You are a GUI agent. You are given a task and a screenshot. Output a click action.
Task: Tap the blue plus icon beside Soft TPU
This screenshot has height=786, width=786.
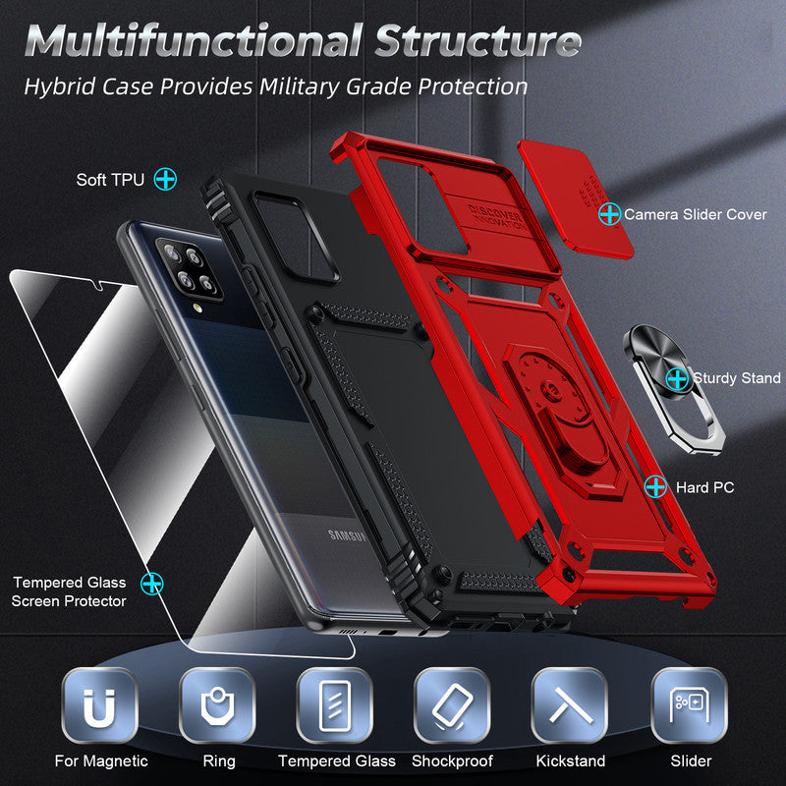pyautogui.click(x=166, y=180)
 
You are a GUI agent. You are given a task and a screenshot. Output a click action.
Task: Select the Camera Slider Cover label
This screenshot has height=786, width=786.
pyautogui.click(x=696, y=213)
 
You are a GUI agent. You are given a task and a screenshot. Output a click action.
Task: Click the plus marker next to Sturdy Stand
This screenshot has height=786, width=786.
pyautogui.click(x=676, y=377)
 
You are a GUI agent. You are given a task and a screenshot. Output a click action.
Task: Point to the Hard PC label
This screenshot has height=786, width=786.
pyautogui.click(x=704, y=486)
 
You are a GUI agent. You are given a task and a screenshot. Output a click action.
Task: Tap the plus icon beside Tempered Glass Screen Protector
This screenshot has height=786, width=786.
pyautogui.click(x=152, y=584)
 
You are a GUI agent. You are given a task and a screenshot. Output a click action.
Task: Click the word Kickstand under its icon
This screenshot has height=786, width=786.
pyautogui.click(x=571, y=760)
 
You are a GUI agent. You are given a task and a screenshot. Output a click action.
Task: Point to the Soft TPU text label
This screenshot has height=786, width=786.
pyautogui.click(x=110, y=180)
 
